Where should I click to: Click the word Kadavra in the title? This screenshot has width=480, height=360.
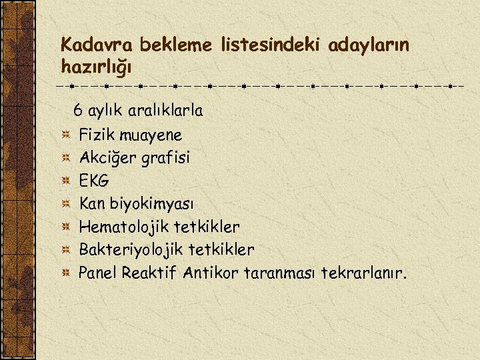(x=93, y=45)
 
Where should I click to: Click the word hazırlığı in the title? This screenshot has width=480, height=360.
(x=96, y=67)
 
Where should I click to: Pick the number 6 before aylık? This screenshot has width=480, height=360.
(x=78, y=109)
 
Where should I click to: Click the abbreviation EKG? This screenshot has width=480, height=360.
(x=94, y=181)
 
